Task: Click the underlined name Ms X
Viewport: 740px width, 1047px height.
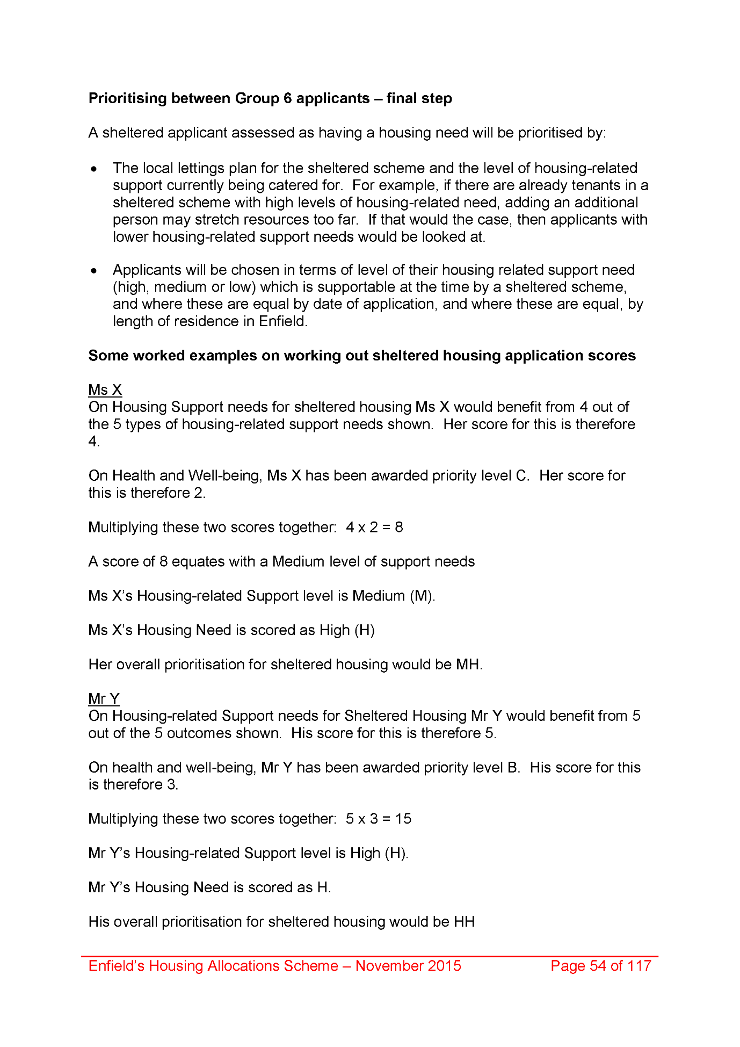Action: click(x=105, y=390)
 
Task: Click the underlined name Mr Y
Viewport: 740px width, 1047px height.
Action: click(x=104, y=699)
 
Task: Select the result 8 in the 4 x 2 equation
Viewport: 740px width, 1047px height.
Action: click(x=399, y=528)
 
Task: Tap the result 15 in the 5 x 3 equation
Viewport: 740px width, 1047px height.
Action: click(x=403, y=819)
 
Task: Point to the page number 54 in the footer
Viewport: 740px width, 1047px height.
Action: click(x=598, y=966)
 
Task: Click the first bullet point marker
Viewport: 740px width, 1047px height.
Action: click(x=95, y=169)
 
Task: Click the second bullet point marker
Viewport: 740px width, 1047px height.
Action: click(x=95, y=271)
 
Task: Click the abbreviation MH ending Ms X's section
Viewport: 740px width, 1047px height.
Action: click(x=468, y=665)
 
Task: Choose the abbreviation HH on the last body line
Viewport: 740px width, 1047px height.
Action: click(x=465, y=922)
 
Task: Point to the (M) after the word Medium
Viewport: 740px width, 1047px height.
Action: click(x=422, y=596)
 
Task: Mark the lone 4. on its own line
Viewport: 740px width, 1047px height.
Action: click(x=94, y=442)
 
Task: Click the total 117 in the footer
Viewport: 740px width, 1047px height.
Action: click(x=639, y=966)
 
